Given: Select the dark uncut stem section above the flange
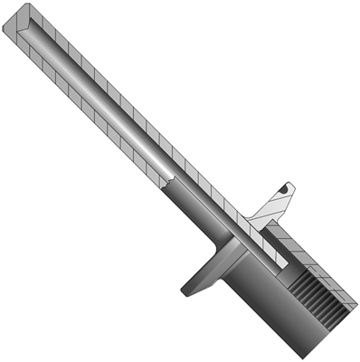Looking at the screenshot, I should pos(194,213).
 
